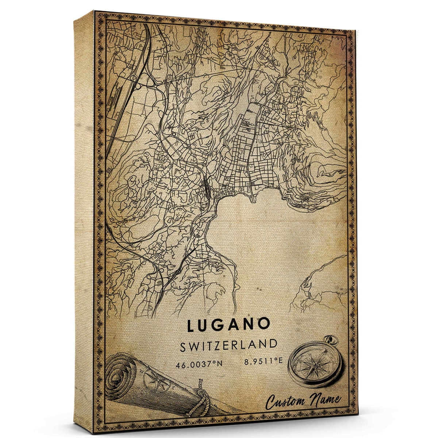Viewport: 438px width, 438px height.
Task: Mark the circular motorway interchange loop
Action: point(139,87)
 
